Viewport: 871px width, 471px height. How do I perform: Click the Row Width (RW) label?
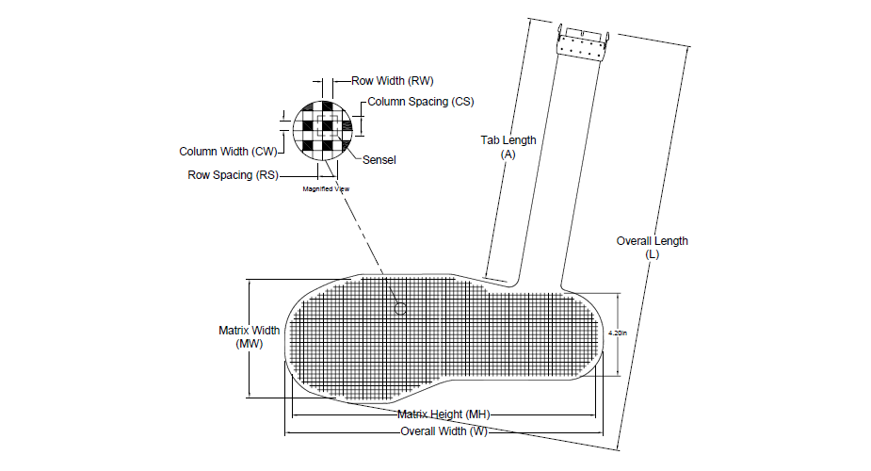392,81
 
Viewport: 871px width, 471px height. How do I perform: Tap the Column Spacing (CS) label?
420,101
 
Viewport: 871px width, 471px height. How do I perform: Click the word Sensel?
379,160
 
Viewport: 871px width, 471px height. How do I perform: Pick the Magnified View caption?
326,189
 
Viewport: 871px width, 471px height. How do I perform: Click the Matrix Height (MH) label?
443,414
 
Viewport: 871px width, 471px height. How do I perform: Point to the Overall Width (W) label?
444,432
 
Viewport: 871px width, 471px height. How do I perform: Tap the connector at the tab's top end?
582,43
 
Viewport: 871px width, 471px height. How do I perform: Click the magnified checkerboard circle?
322,129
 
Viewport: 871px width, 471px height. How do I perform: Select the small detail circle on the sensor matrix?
400,308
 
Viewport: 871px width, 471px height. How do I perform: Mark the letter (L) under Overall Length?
652,254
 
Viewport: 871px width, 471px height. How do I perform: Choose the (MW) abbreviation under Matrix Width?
250,344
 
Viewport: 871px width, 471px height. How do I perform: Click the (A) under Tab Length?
508,153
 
